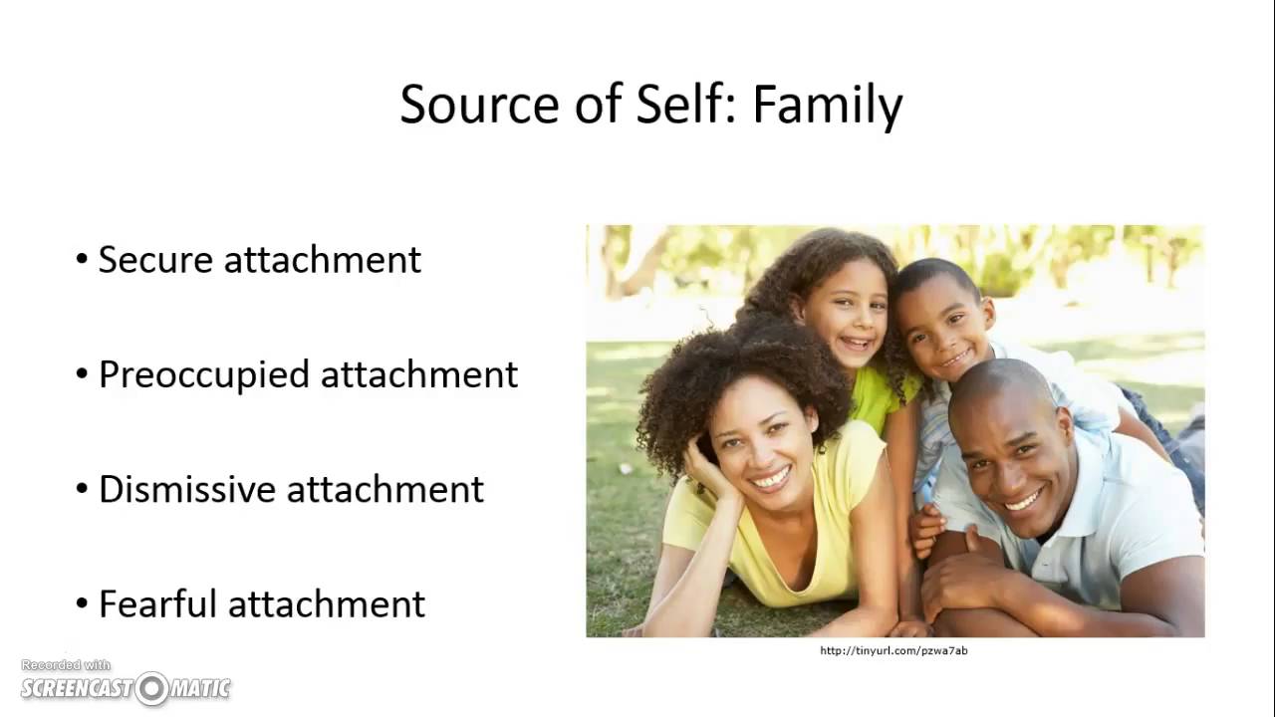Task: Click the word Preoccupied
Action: (204, 375)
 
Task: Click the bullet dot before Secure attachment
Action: (82, 261)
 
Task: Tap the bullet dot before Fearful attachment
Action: (82, 604)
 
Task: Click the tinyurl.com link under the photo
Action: (893, 651)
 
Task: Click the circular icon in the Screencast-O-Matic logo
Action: (152, 687)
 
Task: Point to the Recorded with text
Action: (66, 665)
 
